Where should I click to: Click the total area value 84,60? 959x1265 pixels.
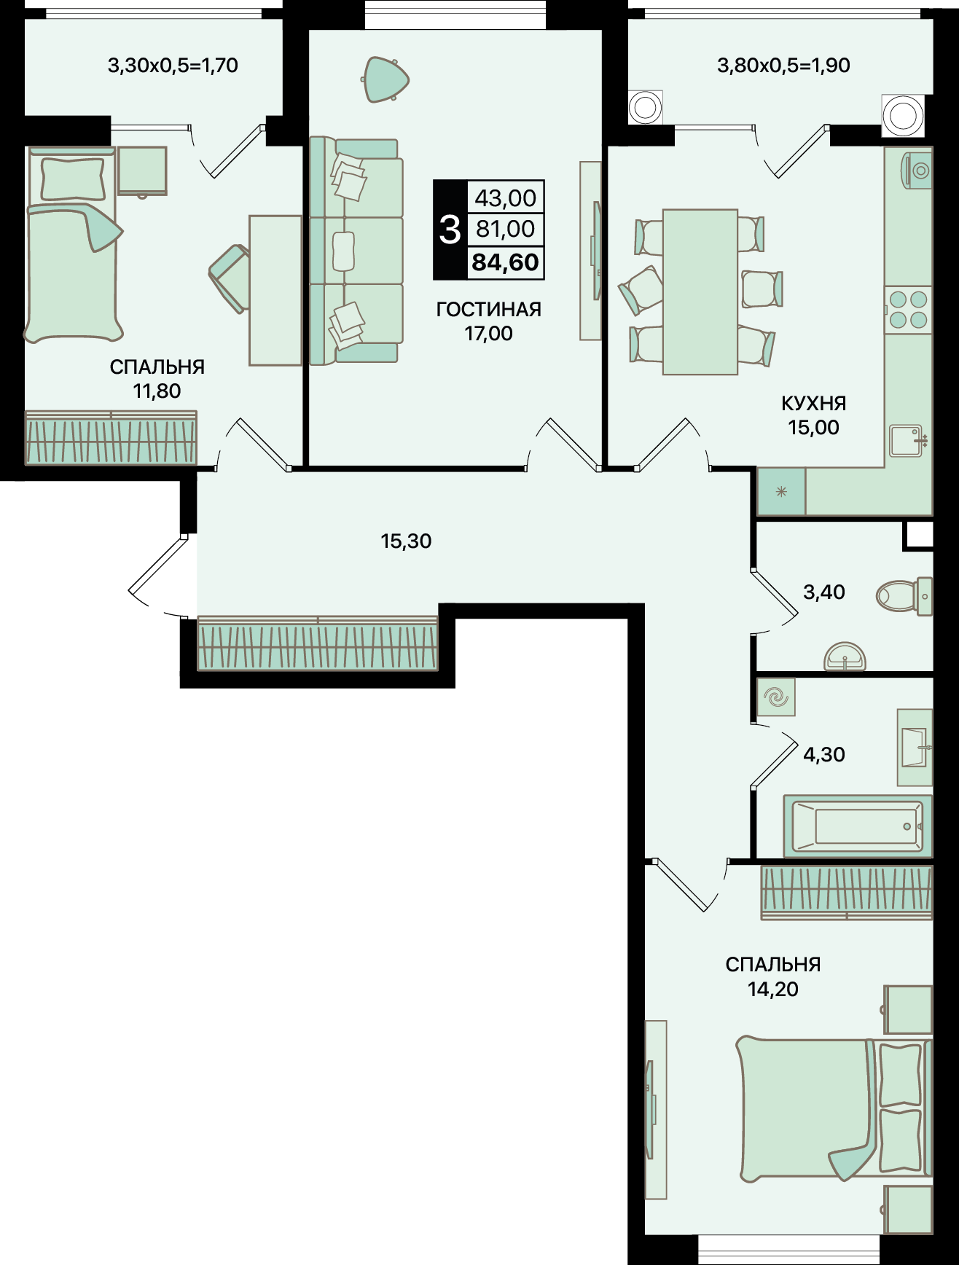click(505, 262)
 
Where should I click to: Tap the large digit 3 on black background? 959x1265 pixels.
click(450, 230)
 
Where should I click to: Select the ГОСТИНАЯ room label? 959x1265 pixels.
click(488, 309)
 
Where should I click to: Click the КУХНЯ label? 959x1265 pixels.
click(813, 403)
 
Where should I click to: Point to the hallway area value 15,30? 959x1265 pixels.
click(406, 541)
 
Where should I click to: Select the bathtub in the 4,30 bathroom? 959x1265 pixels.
click(857, 826)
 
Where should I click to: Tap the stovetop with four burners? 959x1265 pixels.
click(909, 310)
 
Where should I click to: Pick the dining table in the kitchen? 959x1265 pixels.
click(700, 292)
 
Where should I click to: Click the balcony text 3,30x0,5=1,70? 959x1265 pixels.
click(173, 66)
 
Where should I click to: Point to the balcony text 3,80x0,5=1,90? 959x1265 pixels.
click(783, 66)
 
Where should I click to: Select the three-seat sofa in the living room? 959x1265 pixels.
click(356, 251)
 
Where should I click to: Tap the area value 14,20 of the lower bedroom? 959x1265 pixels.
click(772, 989)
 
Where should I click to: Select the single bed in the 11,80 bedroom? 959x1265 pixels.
click(72, 244)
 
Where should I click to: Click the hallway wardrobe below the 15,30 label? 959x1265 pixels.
click(318, 643)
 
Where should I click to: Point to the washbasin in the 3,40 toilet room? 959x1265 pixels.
click(845, 657)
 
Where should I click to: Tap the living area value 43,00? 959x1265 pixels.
click(505, 197)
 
